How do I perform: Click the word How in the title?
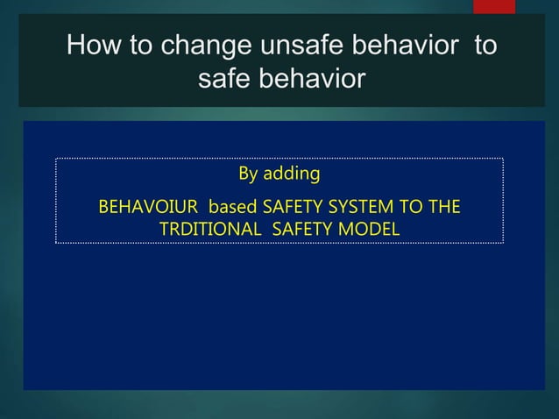click(x=95, y=46)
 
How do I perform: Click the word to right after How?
click(x=141, y=46)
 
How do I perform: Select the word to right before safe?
click(x=485, y=46)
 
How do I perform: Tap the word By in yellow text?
click(x=249, y=174)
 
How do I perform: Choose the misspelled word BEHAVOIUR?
click(x=148, y=209)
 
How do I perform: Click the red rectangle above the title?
click(x=494, y=6)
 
